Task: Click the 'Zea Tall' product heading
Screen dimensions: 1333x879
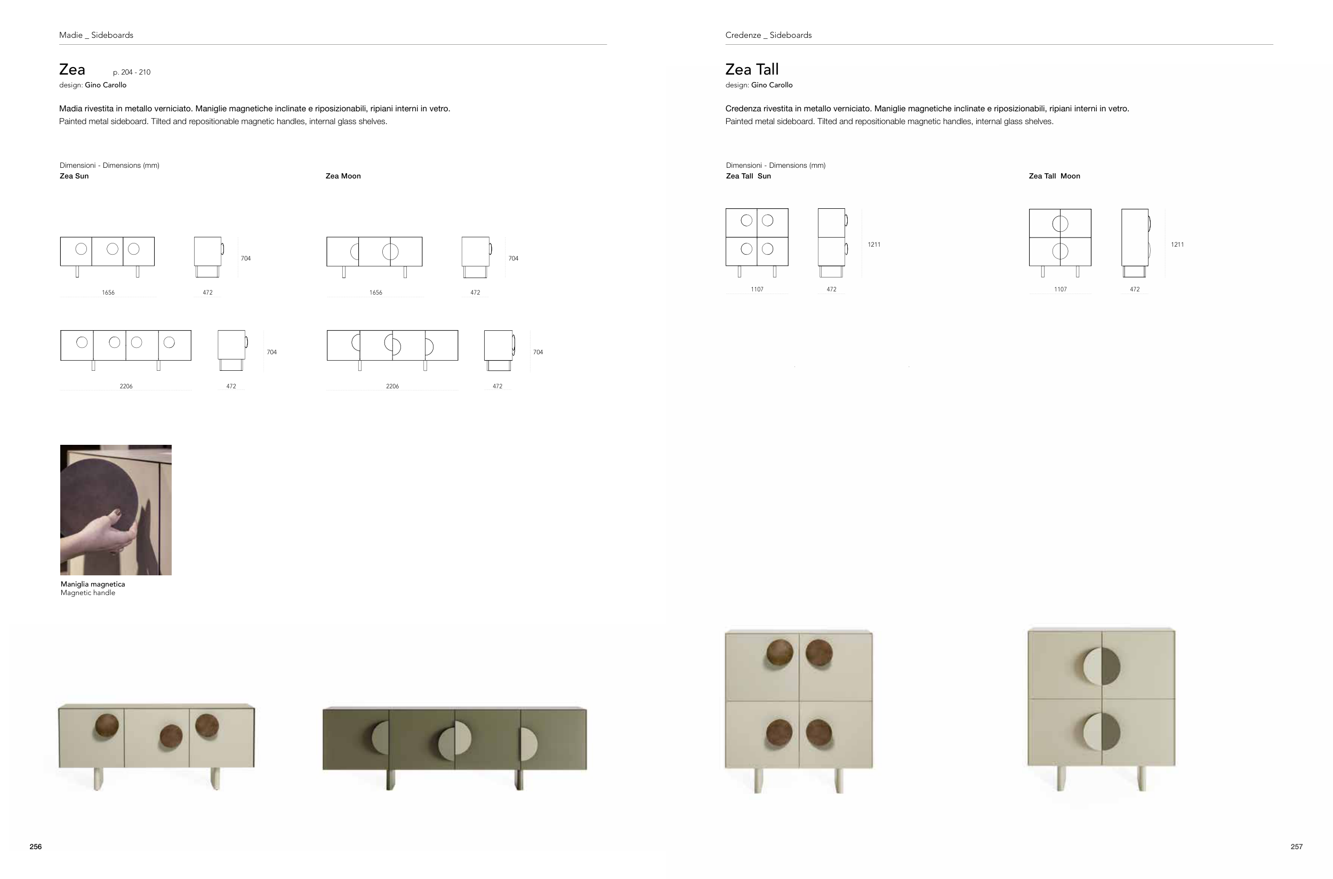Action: (x=752, y=69)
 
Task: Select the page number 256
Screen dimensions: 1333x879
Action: (x=35, y=847)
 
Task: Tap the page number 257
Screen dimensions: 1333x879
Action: (x=1297, y=847)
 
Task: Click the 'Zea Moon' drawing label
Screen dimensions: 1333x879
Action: (x=343, y=176)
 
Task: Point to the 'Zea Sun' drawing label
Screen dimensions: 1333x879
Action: (x=74, y=176)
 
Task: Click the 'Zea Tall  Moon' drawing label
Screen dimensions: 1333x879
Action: (x=1054, y=176)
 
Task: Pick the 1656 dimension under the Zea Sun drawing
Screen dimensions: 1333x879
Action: (x=108, y=292)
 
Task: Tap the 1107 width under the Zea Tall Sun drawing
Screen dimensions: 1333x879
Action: (x=757, y=289)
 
